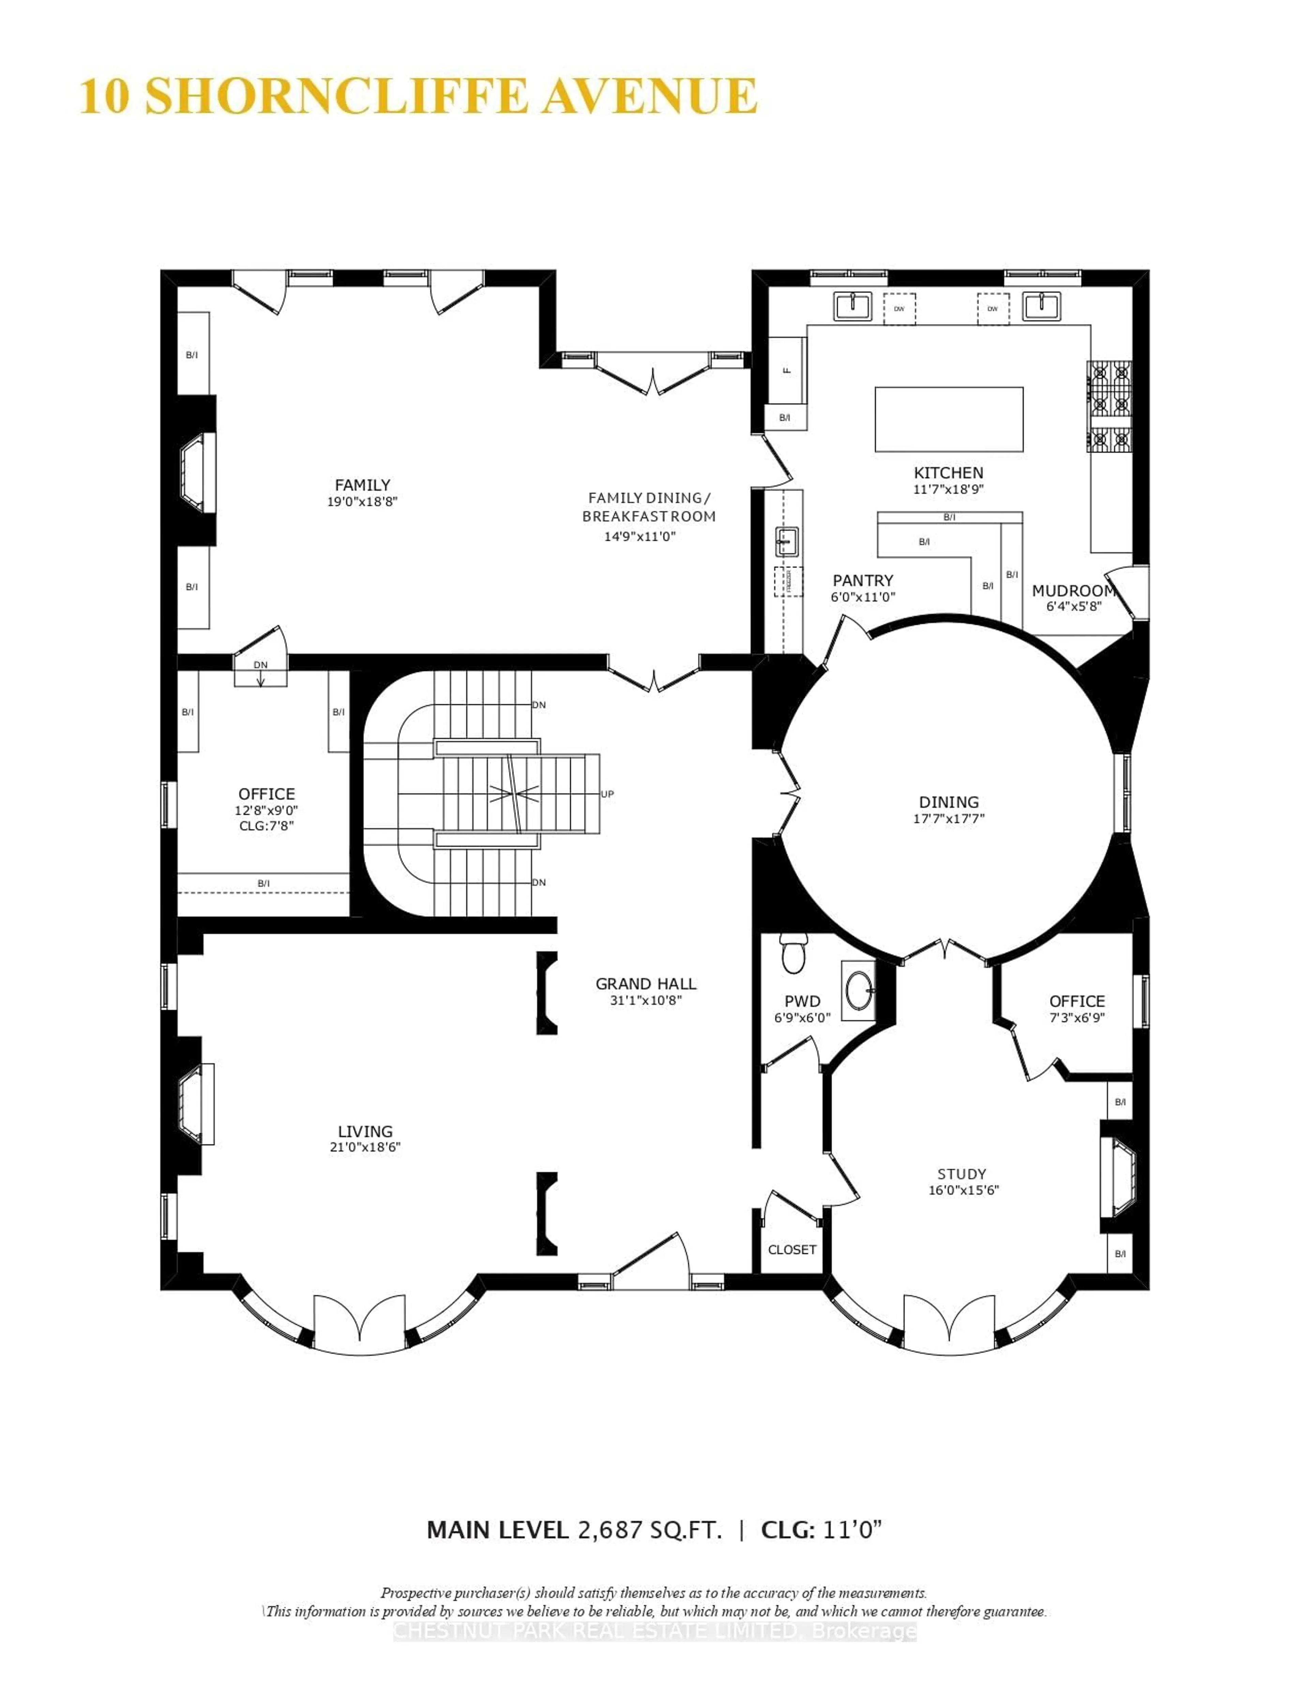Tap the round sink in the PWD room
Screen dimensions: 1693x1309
tap(859, 990)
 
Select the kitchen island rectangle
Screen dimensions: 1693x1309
tap(948, 419)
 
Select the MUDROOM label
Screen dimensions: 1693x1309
tap(1073, 591)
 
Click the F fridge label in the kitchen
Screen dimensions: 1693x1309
tap(787, 370)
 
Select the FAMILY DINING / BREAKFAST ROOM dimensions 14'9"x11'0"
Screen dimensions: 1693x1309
tap(640, 536)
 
